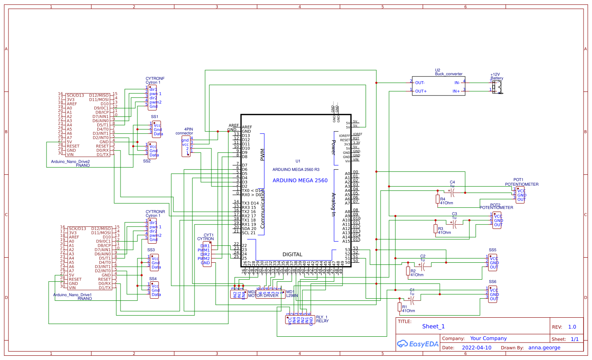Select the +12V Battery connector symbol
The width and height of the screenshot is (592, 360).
coord(498,87)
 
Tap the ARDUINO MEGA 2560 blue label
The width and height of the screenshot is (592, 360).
coord(300,180)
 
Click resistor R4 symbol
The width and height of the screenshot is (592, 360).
coord(438,199)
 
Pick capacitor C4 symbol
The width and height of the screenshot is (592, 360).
coord(452,192)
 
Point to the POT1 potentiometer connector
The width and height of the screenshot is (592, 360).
coord(520,195)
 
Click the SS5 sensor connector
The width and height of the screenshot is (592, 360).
coord(493,263)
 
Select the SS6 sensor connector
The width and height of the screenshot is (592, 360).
coord(493,294)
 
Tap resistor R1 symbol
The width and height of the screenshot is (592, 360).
coord(400,307)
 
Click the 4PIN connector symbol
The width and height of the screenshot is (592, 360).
coord(186,146)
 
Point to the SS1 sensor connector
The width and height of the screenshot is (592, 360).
coord(156,129)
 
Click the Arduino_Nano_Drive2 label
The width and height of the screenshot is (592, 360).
coord(70,162)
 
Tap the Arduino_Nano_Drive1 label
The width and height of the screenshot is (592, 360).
coord(72,294)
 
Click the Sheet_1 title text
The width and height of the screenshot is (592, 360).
coord(433,326)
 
